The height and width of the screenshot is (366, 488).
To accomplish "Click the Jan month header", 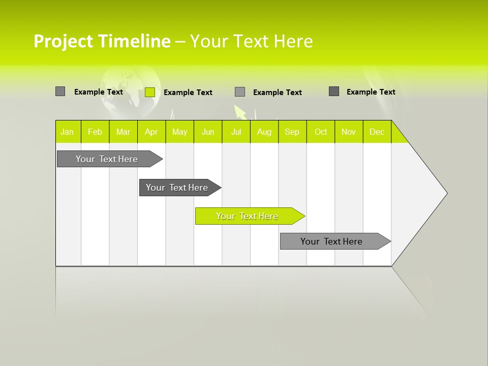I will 67,132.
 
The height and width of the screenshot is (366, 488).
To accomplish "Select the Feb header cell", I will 95,132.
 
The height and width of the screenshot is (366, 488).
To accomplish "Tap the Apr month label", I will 151,132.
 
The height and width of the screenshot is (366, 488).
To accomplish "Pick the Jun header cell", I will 208,132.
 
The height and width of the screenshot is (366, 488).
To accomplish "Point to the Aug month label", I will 264,132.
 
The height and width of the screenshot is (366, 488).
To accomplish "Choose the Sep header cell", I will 292,132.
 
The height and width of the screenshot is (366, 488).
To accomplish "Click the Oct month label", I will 321,132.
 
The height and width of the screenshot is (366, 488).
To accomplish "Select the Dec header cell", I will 377,132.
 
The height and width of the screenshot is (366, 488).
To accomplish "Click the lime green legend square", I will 150,92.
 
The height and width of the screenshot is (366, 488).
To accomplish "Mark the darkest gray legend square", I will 334,91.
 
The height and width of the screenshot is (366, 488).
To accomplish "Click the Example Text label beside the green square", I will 188,93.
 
